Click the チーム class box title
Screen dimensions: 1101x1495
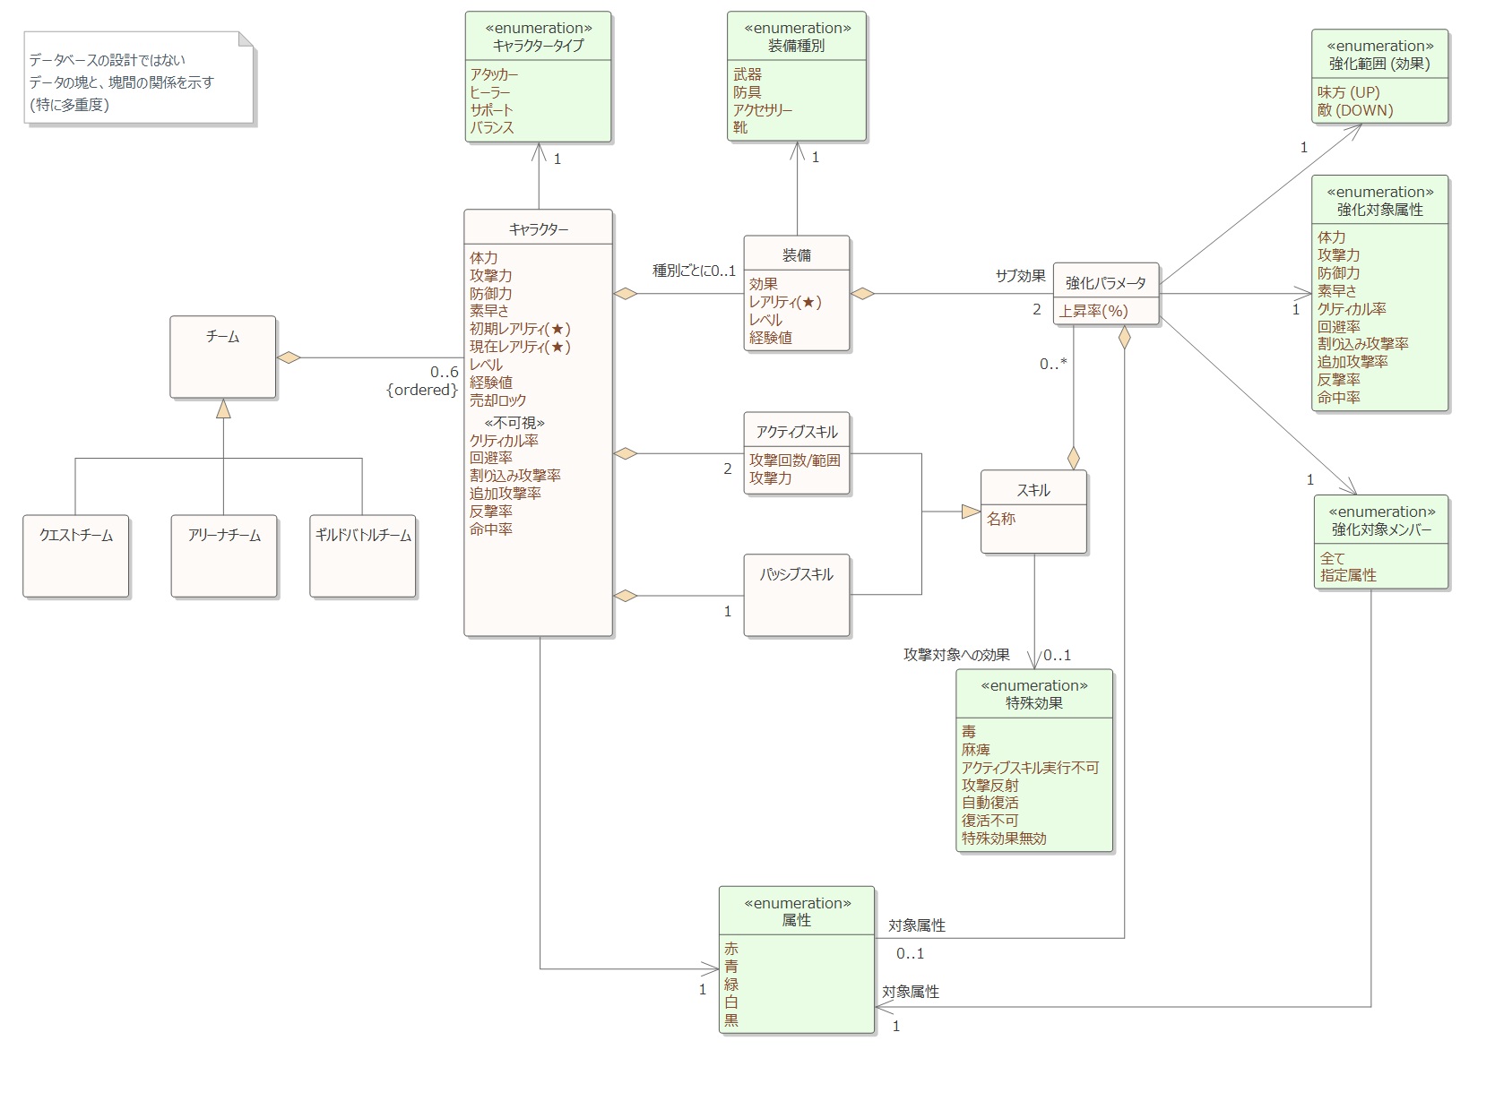(222, 337)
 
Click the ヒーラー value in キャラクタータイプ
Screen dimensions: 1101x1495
(490, 92)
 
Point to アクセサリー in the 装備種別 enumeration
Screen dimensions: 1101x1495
(763, 110)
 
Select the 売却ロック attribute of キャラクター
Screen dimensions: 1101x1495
(497, 400)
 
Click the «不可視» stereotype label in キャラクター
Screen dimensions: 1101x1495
(514, 422)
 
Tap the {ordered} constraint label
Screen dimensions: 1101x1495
(422, 390)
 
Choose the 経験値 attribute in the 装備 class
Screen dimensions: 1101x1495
(770, 338)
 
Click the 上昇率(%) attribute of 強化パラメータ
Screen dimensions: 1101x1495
(1093, 311)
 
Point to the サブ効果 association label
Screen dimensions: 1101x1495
(1020, 276)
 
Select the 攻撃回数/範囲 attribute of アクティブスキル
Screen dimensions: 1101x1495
(795, 460)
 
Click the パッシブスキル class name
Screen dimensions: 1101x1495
(797, 575)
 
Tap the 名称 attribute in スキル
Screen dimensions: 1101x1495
(1001, 519)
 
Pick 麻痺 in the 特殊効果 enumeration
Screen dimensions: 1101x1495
(976, 750)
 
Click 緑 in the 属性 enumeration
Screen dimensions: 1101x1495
(731, 985)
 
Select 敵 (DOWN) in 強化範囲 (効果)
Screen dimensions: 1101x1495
(1355, 111)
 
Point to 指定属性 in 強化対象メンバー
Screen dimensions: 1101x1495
(1348, 575)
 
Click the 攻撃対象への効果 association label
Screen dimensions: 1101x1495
(956, 655)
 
